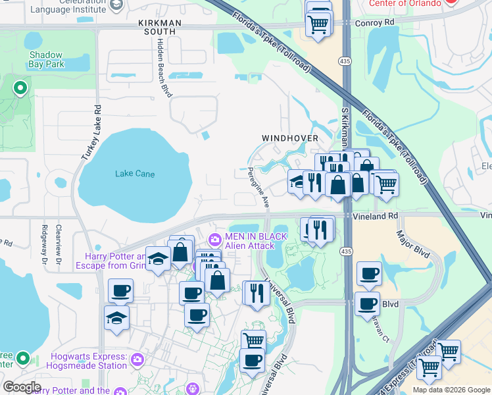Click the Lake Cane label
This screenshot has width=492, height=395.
[x=135, y=174]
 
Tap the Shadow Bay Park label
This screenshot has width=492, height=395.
[x=46, y=60]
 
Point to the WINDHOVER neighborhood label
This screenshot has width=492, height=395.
[x=290, y=138]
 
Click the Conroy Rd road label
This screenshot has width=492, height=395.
[x=373, y=22]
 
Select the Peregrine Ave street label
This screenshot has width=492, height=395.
[x=258, y=187]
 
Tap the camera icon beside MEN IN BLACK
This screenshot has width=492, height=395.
[x=214, y=240]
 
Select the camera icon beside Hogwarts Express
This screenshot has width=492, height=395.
[x=137, y=359]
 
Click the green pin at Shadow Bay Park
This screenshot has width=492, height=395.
[x=20, y=87]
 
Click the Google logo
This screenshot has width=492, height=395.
[x=22, y=387]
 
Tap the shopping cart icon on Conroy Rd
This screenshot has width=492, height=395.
[x=319, y=24]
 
